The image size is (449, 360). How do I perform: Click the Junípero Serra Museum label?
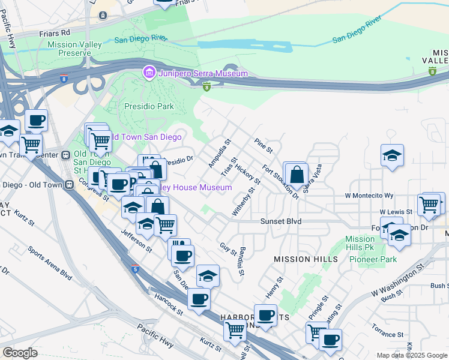pyautogui.click(x=203, y=73)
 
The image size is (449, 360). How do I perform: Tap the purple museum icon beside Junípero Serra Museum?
pyautogui.click(x=149, y=73)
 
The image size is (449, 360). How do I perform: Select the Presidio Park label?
pyautogui.click(x=149, y=106)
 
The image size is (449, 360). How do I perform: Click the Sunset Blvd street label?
pyautogui.click(x=280, y=221)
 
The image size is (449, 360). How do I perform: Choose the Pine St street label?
pyautogui.click(x=263, y=145)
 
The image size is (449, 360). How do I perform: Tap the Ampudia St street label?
pyautogui.click(x=219, y=154)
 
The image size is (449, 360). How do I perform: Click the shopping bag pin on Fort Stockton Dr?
pyautogui.click(x=297, y=176)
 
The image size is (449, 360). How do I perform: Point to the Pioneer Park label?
pyautogui.click(x=379, y=259)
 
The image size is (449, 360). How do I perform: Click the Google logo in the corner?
pyautogui.click(x=20, y=353)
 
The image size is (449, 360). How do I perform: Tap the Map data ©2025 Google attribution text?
pyautogui.click(x=412, y=355)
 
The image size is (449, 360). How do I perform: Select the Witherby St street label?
pyautogui.click(x=244, y=202)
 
